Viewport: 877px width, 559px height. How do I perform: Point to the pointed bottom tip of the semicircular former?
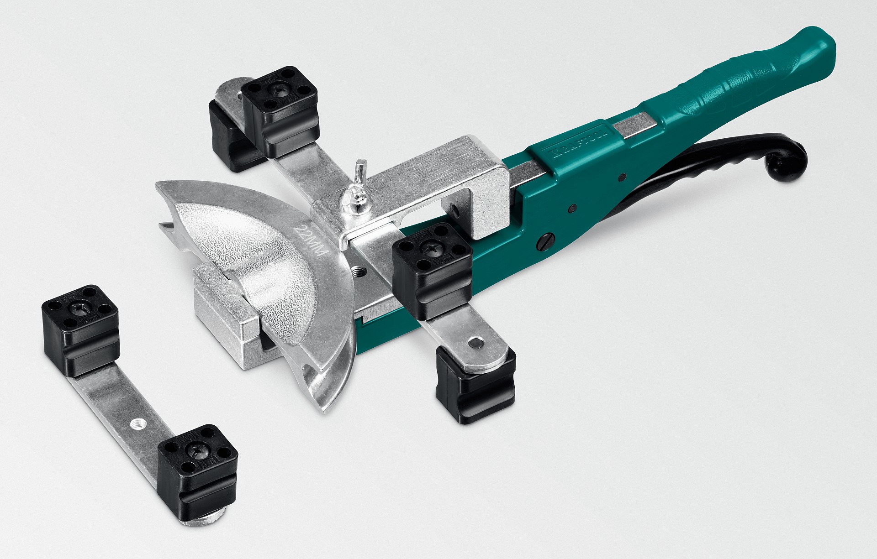point(325,410)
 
